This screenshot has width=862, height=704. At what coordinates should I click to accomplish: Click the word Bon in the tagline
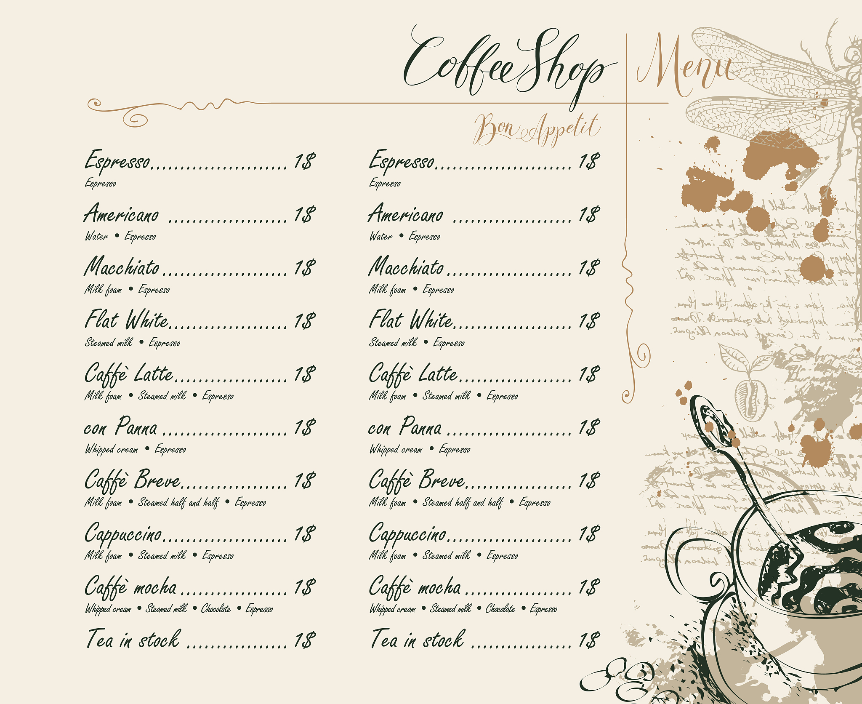[495, 128]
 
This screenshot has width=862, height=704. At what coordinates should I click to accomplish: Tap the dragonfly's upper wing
[758, 55]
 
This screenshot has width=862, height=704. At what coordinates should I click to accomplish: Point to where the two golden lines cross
[626, 103]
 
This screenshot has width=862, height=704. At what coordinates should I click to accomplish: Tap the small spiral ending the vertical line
[627, 396]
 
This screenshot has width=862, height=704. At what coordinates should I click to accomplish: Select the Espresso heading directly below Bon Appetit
[402, 161]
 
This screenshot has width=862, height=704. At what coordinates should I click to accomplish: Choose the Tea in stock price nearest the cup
[589, 640]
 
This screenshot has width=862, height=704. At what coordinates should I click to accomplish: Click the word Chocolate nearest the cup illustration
[500, 609]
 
